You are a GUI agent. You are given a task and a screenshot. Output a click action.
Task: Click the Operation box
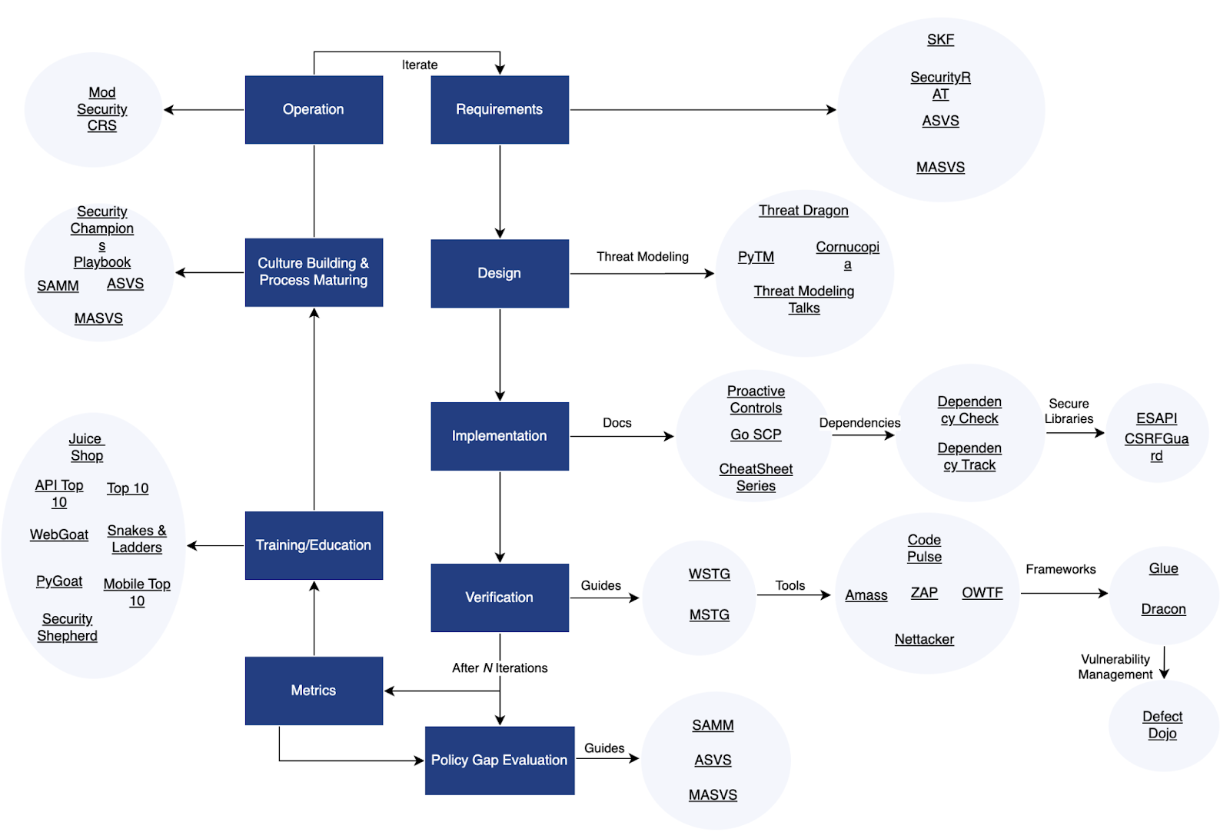[x=314, y=109]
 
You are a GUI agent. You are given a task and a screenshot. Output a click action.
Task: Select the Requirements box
[x=500, y=109]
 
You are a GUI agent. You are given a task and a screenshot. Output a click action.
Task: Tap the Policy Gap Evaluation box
[x=500, y=760]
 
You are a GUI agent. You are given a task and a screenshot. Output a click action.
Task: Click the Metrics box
[x=314, y=691]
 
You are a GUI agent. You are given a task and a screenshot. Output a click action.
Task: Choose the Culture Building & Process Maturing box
[x=314, y=272]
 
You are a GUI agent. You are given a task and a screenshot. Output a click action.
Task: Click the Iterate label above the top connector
[x=420, y=65]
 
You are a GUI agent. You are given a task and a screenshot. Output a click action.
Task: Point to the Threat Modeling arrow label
[x=643, y=257]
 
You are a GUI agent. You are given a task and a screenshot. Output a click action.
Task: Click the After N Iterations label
[x=500, y=668]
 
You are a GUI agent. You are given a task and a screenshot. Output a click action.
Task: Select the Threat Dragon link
[x=803, y=211]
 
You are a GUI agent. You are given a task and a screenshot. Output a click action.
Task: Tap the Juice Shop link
[x=86, y=448]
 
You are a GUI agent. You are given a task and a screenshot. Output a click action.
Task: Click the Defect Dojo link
[x=1162, y=725]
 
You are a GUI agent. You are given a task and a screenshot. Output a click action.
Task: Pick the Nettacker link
[x=924, y=640]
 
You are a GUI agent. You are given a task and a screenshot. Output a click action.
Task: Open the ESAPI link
[x=1156, y=418]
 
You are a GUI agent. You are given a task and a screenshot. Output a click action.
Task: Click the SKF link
[x=940, y=40]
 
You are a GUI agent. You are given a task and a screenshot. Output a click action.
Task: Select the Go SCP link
[x=756, y=435]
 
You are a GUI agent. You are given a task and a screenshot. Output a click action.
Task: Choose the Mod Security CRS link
[x=102, y=109]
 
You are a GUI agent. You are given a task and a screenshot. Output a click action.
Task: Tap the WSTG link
[x=709, y=574]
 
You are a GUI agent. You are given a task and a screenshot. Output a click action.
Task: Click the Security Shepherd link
[x=68, y=628]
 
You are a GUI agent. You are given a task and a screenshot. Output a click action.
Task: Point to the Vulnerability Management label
[x=1115, y=668]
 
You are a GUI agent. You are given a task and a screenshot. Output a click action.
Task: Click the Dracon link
[x=1163, y=609]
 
